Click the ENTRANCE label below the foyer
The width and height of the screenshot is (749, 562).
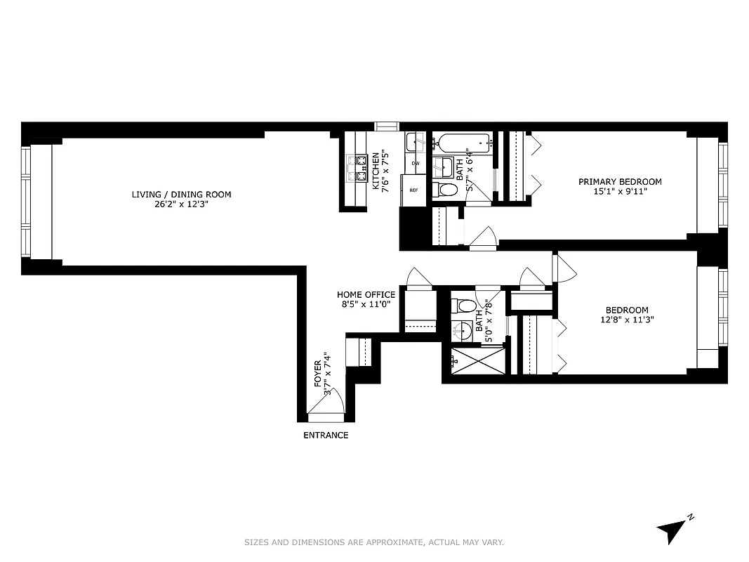[325, 435]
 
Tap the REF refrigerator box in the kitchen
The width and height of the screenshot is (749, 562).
[413, 190]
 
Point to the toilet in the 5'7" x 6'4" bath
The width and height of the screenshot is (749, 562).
[446, 189]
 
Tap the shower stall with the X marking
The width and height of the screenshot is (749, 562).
[477, 362]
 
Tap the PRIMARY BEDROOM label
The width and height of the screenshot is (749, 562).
[620, 181]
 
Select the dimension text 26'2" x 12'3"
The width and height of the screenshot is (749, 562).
[181, 204]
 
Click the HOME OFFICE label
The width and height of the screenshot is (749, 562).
[366, 294]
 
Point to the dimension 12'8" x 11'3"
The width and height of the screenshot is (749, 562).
[627, 320]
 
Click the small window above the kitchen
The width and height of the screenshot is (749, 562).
[386, 126]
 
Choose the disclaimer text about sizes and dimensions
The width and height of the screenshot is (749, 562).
[374, 542]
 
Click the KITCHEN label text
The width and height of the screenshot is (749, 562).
[376, 171]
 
